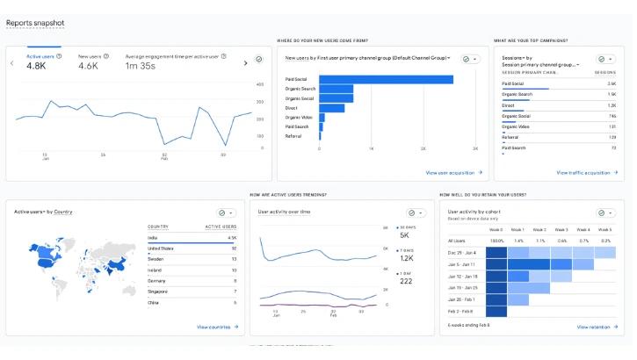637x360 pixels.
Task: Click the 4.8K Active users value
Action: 36,65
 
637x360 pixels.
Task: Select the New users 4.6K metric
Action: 88,65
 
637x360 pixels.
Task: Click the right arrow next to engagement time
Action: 245,62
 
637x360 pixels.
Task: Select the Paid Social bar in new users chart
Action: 386,79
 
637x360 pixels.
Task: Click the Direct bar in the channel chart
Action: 331,108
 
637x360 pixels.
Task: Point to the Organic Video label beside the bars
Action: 299,117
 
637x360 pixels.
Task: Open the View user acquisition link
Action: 453,173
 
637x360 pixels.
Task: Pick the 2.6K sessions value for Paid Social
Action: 611,83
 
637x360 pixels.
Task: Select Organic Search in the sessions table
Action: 517,94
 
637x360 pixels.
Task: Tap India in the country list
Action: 153,237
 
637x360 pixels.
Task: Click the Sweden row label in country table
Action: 156,259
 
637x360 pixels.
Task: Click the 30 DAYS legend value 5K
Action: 404,235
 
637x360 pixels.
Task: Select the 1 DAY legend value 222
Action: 404,281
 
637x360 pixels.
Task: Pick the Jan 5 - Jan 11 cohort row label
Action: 461,263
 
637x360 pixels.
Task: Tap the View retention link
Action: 595,327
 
